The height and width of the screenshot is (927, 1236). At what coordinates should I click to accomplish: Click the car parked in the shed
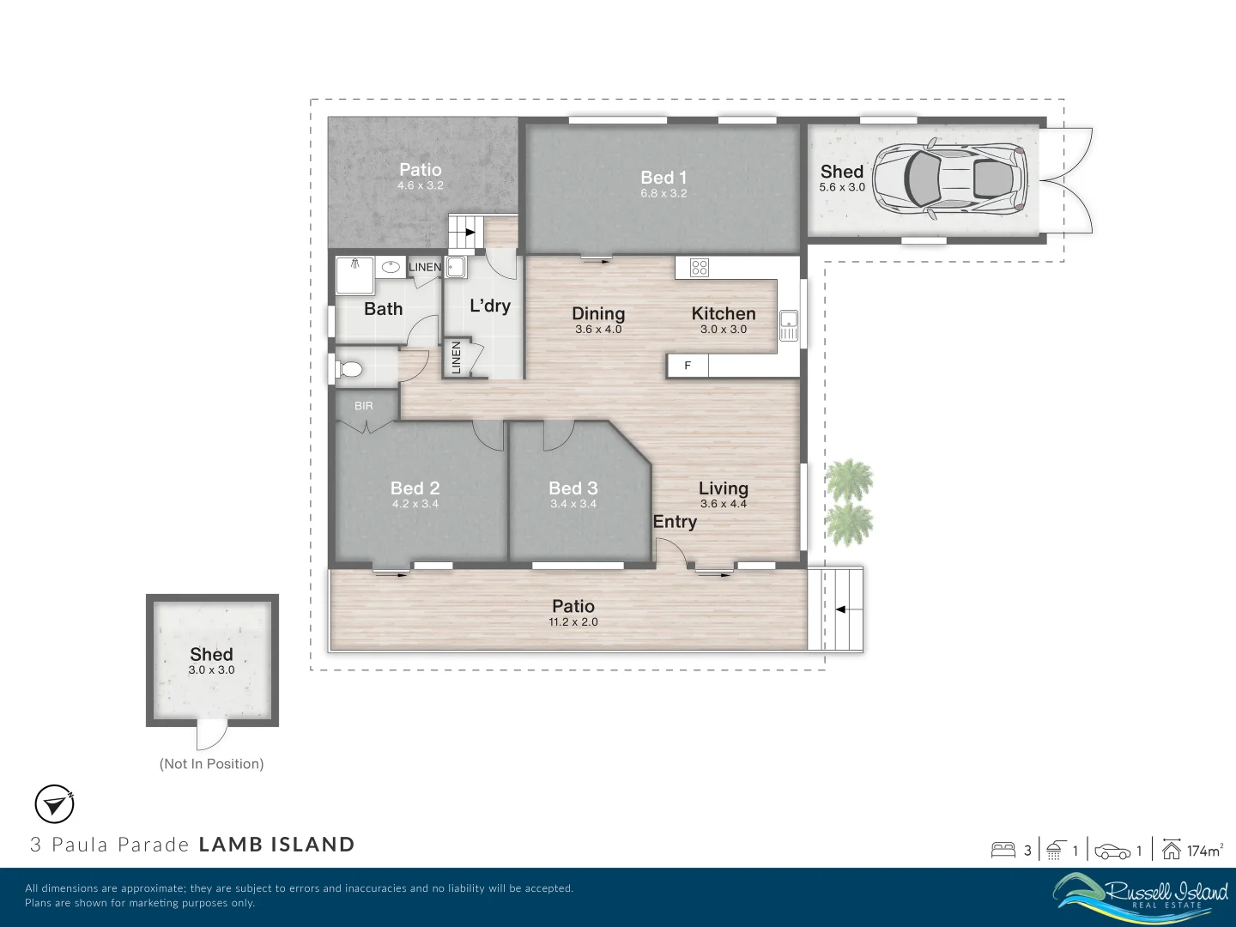[x=951, y=179]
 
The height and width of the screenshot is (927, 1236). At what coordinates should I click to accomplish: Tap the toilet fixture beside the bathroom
[x=349, y=370]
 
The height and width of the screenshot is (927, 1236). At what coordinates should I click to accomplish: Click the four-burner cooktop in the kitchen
[x=700, y=268]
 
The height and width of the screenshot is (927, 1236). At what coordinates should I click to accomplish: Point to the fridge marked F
[x=688, y=367]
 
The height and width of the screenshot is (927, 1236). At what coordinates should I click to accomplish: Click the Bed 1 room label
[x=663, y=178]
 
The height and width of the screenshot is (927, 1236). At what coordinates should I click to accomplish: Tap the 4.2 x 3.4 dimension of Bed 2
[x=415, y=504]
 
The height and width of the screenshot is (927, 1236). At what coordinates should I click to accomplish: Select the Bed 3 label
[x=573, y=488]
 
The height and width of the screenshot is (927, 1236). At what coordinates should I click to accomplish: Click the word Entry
[x=675, y=522]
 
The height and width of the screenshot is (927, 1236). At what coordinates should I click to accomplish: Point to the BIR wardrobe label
[x=364, y=406]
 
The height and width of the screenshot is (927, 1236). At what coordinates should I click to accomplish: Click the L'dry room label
[x=490, y=306]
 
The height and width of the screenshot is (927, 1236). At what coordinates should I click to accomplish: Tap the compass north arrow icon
[x=54, y=804]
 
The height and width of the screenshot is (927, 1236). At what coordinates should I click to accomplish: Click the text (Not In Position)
[x=211, y=764]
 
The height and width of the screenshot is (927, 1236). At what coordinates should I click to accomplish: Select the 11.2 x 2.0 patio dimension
[x=573, y=622]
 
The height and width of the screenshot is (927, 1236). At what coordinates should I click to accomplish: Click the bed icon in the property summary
[x=1003, y=851]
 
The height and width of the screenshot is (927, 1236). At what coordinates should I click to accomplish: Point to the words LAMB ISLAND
[x=276, y=845]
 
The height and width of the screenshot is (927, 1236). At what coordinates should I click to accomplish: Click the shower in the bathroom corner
[x=353, y=276]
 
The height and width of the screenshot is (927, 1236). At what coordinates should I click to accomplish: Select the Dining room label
[x=598, y=313]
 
